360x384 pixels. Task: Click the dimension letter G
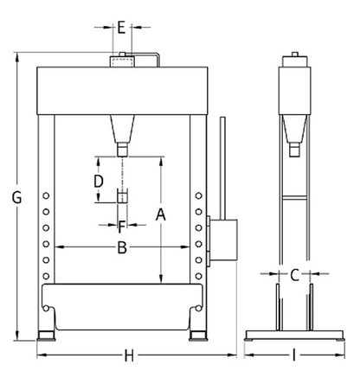tap(16, 198)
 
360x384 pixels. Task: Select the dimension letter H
tap(129, 355)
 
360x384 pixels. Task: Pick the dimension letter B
tap(123, 249)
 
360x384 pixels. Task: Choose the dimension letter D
tap(99, 181)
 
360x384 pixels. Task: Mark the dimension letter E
tap(122, 26)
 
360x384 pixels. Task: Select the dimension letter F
tap(122, 227)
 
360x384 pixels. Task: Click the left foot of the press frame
tap(45, 334)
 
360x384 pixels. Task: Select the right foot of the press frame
tap(198, 334)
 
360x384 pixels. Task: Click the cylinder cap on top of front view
tap(122, 61)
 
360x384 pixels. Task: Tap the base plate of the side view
tap(294, 336)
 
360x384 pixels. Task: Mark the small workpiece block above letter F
tap(122, 195)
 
